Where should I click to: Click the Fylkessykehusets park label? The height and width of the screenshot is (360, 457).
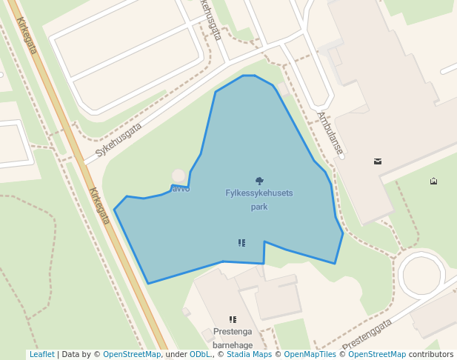tap(258, 200)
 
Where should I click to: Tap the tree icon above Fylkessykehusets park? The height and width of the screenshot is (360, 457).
tap(259, 180)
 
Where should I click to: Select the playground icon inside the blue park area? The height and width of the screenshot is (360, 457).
tap(241, 242)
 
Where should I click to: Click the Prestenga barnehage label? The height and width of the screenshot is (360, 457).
tap(233, 338)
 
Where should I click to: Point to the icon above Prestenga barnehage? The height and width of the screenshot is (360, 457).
tap(233, 319)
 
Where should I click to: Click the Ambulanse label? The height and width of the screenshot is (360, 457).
tap(330, 133)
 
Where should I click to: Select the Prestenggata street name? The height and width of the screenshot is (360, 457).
tap(367, 334)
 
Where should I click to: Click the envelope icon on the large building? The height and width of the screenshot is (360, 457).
tap(378, 161)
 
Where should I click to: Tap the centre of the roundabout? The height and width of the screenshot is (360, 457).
tap(421, 276)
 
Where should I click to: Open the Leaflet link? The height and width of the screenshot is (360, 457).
tap(41, 355)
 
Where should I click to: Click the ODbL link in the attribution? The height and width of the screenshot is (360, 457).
tap(200, 355)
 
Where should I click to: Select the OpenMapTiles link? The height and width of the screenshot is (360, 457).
tap(311, 355)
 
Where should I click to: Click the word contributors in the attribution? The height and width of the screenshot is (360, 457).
tap(430, 355)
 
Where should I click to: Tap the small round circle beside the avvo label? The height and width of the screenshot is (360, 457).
tap(179, 176)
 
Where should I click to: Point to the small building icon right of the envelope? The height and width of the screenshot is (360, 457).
tap(433, 181)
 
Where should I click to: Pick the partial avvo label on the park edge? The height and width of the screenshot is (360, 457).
tap(181, 189)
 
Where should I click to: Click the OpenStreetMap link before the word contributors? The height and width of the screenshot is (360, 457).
tap(377, 355)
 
